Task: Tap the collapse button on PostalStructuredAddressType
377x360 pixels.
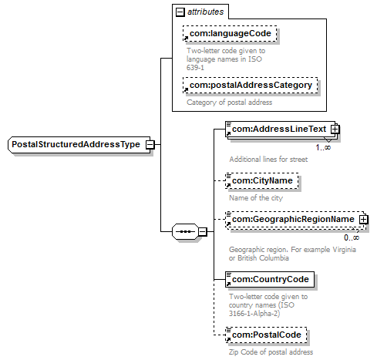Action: coord(150,145)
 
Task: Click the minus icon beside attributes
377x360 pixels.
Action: coord(180,12)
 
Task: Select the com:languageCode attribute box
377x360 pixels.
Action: coord(230,33)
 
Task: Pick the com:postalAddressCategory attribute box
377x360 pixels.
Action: coord(251,85)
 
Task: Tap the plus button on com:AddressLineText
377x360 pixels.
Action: coord(335,129)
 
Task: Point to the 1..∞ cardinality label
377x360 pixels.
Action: coord(323,147)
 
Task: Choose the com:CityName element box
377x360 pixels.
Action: coord(262,180)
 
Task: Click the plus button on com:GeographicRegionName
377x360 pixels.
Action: coord(363,220)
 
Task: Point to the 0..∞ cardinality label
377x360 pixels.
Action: coord(352,237)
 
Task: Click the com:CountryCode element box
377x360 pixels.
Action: coord(270,279)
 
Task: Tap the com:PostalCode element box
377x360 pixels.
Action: coord(266,335)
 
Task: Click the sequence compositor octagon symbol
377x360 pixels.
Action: coord(185,231)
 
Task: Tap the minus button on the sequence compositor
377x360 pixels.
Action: coord(203,231)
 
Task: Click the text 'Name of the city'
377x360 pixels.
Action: coord(256,198)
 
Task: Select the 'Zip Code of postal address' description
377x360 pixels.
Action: coord(271,352)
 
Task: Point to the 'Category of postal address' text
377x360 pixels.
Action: coord(230,103)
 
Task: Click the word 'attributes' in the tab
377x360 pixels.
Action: coord(206,12)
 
